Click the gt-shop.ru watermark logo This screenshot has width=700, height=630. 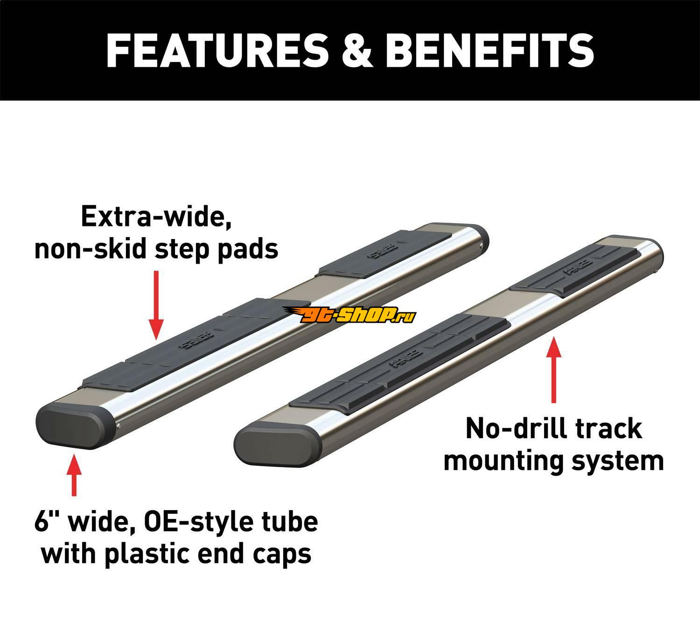pos(350,315)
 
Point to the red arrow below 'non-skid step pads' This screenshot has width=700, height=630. pos(157,303)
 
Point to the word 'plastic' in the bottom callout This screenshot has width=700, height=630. pos(159,554)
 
